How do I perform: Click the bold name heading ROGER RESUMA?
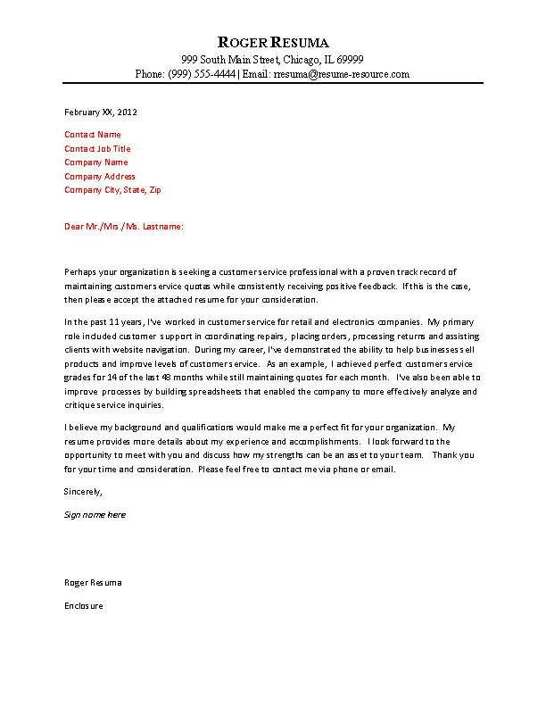pos(273,42)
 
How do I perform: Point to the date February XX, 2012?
pos(101,112)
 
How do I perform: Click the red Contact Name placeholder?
pos(93,135)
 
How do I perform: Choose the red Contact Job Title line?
pos(97,149)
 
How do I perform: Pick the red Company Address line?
pos(100,177)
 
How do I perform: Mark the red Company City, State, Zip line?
pos(112,190)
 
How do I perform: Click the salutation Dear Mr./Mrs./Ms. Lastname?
pos(124,227)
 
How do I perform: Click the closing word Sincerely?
pos(84,492)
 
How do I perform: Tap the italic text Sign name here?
pos(95,515)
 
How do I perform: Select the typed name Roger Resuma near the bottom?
pos(93,583)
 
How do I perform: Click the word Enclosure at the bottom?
pos(84,606)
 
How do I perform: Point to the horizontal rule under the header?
pos(273,85)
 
